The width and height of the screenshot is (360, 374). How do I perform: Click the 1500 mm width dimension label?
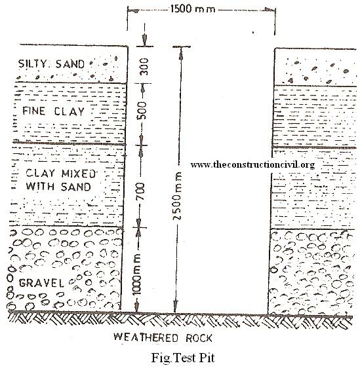point(193,9)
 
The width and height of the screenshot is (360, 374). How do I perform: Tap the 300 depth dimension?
point(144,67)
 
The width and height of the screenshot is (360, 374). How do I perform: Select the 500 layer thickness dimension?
point(142,111)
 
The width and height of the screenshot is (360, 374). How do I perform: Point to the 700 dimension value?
point(141,191)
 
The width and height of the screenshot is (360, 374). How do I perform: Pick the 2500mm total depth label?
point(178,196)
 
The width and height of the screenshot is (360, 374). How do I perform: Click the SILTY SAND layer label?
point(52,64)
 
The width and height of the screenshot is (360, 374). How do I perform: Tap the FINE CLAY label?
point(54,111)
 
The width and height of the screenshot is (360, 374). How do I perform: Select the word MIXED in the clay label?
point(79,174)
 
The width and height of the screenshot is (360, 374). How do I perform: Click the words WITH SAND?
point(58,186)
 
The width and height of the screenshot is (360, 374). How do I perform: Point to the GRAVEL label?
point(41,283)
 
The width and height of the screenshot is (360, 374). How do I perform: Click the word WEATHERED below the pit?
point(146,337)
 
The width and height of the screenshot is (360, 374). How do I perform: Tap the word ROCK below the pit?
point(199,338)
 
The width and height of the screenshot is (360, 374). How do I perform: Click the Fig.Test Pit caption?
point(183,358)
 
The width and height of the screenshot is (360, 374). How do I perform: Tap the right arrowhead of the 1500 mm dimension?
point(270,10)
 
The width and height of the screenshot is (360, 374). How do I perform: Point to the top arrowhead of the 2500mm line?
point(181,53)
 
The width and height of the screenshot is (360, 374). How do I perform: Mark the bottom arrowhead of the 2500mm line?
point(176,307)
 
